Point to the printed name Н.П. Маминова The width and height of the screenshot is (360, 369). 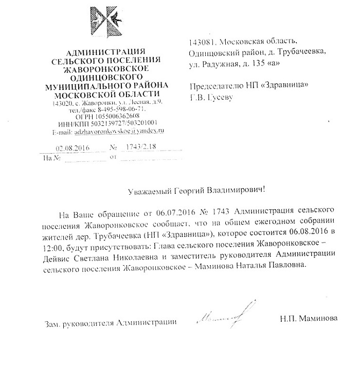point(309,319)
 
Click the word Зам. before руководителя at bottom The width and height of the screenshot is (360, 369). point(53,323)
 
